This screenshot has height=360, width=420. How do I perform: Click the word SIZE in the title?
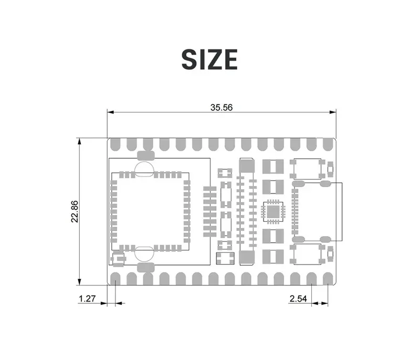tap(209, 59)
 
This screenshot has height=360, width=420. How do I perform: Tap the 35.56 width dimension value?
tap(221, 107)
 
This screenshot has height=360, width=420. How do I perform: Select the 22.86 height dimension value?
tap(75, 211)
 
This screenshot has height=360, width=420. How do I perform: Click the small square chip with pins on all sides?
tap(273, 211)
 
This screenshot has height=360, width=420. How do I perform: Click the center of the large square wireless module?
tap(149, 211)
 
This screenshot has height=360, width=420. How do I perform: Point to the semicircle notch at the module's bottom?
tap(144, 254)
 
